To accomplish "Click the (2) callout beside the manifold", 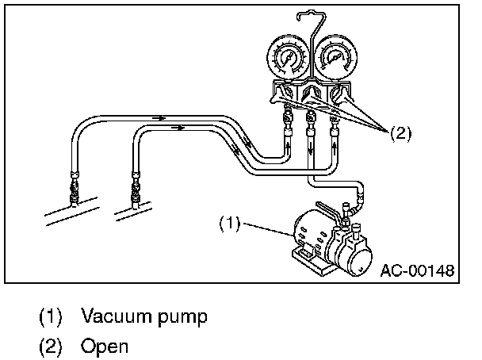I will [x=400, y=132].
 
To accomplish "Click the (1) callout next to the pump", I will [x=228, y=224].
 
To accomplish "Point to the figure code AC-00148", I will [x=417, y=270].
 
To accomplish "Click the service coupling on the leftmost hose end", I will [x=75, y=189].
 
